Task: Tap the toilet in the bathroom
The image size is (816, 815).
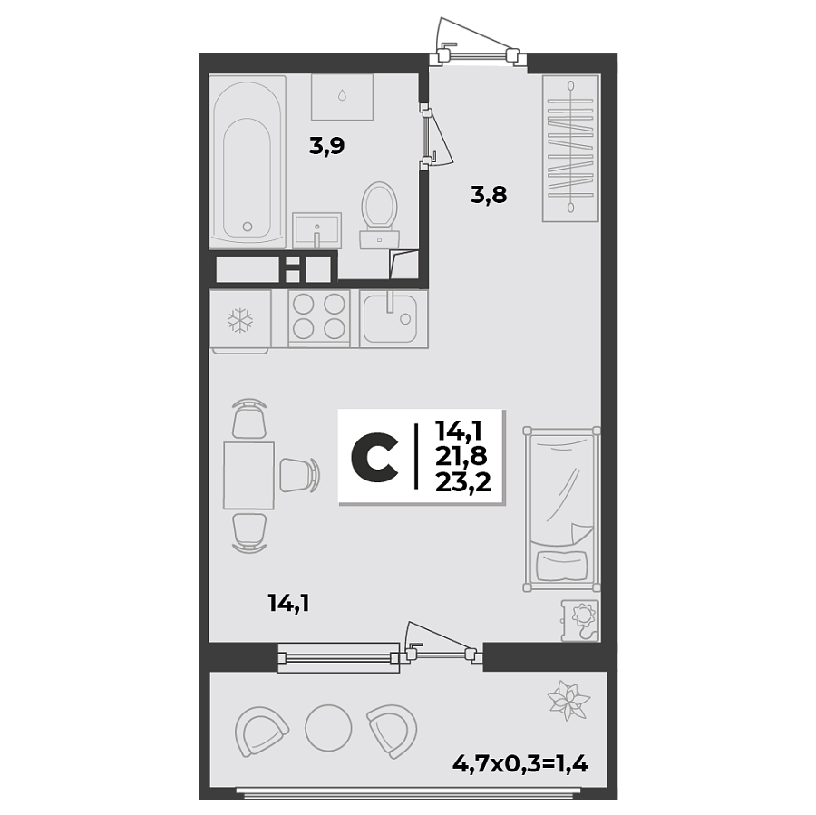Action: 378,211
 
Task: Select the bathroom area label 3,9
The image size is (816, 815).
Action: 326,146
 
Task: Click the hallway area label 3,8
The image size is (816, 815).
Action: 488,193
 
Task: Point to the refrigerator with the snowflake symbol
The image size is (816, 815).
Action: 239,319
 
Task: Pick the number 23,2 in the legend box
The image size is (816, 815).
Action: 462,482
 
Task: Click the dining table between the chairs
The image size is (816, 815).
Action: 248,475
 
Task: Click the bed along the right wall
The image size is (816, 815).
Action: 561,509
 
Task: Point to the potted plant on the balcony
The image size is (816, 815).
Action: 568,699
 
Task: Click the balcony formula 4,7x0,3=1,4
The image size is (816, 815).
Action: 520,762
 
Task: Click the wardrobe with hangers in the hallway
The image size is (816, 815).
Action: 571,149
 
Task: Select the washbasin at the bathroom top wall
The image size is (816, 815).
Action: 342,97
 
